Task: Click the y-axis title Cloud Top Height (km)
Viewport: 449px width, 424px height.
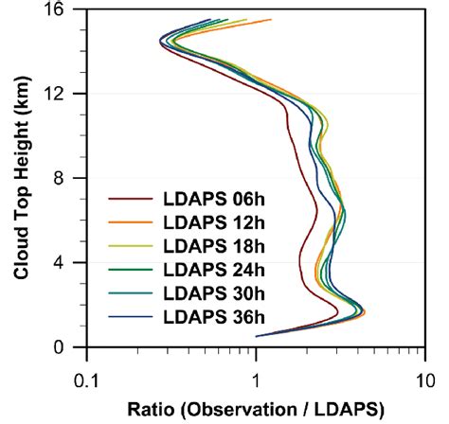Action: tap(21, 178)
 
